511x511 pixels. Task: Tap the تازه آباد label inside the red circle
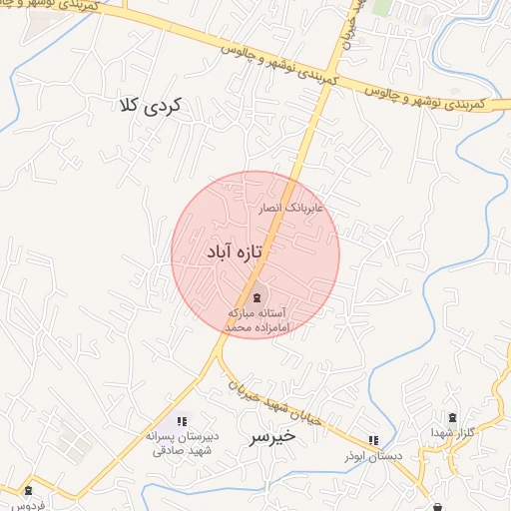[233, 254]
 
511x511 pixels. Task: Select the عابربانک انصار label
[290, 210]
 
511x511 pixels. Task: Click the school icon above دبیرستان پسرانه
[181, 421]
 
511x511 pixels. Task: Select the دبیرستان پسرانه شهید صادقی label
[181, 442]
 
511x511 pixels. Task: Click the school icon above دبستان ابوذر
[373, 439]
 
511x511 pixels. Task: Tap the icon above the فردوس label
[27, 490]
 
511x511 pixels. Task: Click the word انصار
[271, 210]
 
